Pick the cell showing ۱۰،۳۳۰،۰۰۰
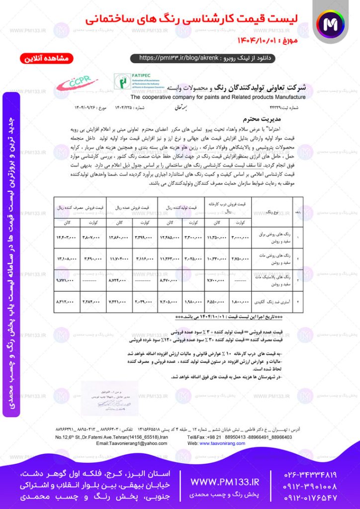[x=217, y=259]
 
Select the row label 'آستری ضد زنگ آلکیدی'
[x=271, y=302]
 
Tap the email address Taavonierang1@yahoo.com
[x=125, y=443]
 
